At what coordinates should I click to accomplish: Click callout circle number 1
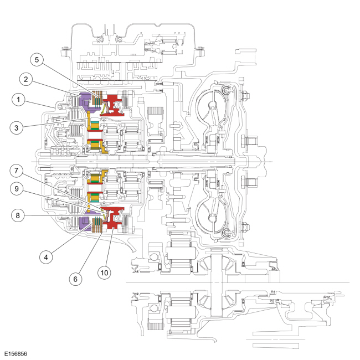click(x=18, y=100)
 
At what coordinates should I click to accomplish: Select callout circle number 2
click(x=25, y=79)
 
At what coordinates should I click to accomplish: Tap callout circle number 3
click(x=16, y=128)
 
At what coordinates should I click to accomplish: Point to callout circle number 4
click(x=46, y=257)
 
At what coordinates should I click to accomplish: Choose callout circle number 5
click(x=37, y=60)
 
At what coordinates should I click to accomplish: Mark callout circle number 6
click(x=75, y=279)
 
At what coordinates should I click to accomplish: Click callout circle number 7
click(x=16, y=171)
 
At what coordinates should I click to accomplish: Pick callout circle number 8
click(x=18, y=215)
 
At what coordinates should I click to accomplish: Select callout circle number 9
click(x=17, y=189)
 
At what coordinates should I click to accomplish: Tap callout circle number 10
click(x=104, y=272)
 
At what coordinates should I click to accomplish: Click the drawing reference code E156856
click(x=16, y=354)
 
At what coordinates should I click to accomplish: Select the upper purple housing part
click(x=85, y=101)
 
